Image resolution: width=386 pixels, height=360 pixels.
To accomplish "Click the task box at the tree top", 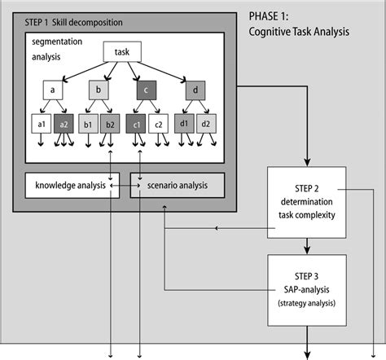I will [x=123, y=52].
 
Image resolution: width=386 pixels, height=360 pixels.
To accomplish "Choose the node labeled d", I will [x=195, y=90].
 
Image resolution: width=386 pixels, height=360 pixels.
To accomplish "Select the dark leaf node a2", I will [x=64, y=125].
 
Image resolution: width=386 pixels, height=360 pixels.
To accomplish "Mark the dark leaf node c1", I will [x=137, y=125].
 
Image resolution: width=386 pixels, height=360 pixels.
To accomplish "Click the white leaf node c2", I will [x=160, y=125].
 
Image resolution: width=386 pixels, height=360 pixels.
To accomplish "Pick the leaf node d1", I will [x=185, y=125].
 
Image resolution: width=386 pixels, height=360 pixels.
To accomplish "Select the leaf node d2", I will [x=207, y=125].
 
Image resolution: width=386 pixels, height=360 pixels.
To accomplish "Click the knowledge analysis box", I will [x=72, y=186].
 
